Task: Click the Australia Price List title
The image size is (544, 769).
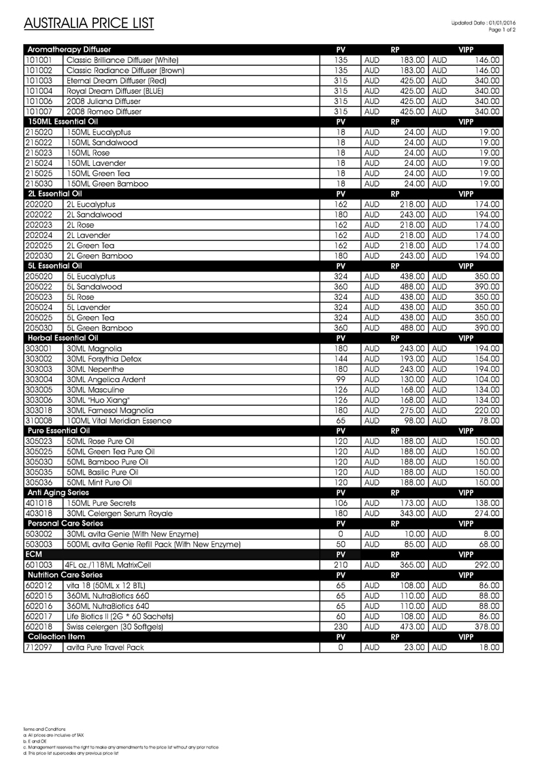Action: pos(89,24)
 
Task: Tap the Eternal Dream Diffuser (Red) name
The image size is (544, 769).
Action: pos(116,80)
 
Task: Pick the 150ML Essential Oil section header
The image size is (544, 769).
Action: pos(62,122)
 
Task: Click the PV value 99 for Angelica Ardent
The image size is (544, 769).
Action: pos(341,379)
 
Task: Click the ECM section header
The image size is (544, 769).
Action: pos(33,554)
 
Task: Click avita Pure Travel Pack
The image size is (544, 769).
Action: pos(105,647)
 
